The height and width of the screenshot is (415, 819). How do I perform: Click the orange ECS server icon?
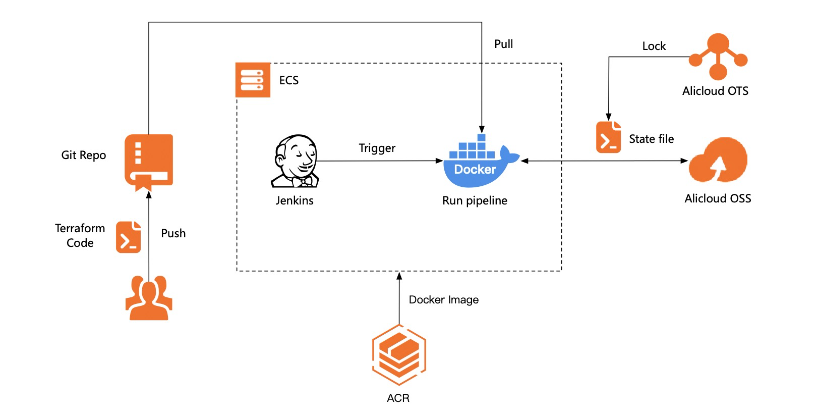click(x=253, y=80)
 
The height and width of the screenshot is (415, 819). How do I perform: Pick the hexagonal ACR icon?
click(x=399, y=354)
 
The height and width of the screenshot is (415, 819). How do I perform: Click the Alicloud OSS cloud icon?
click(x=718, y=161)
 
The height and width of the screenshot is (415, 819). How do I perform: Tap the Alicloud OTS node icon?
click(x=718, y=57)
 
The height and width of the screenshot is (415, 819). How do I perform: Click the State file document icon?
click(x=608, y=137)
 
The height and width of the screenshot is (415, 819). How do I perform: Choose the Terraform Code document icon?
click(x=129, y=237)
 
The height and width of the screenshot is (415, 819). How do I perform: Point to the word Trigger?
click(x=377, y=148)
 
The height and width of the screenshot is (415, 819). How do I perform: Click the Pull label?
click(x=503, y=44)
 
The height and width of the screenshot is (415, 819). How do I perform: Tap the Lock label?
click(x=654, y=46)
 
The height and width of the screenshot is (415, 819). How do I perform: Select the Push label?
click(x=173, y=233)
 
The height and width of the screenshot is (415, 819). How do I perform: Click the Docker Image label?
click(x=443, y=300)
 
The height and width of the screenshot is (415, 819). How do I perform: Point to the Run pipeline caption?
click(x=475, y=200)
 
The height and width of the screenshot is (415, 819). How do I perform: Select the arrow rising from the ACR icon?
click(x=399, y=298)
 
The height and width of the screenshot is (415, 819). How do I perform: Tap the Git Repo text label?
click(x=83, y=155)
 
